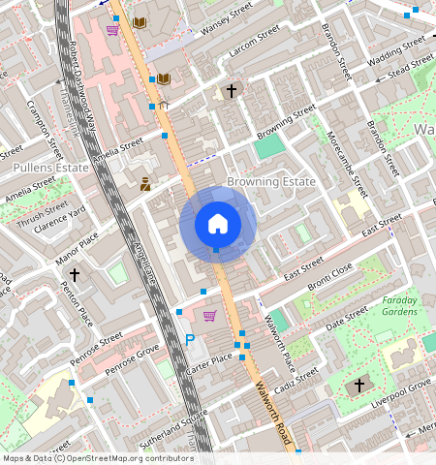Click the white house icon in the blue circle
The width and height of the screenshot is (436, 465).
pyautogui.click(x=218, y=224)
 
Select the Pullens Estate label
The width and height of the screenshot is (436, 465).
pyautogui.click(x=49, y=168)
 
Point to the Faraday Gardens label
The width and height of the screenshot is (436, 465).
pyautogui.click(x=405, y=306)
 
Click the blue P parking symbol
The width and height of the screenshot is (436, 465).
pyautogui.click(x=190, y=340)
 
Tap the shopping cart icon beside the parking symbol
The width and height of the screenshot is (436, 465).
pyautogui.click(x=209, y=316)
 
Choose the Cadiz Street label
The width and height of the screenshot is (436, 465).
pyautogui.click(x=295, y=380)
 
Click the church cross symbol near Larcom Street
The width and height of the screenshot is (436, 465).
pyautogui.click(x=231, y=91)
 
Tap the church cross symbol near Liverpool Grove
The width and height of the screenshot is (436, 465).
pyautogui.click(x=358, y=385)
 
